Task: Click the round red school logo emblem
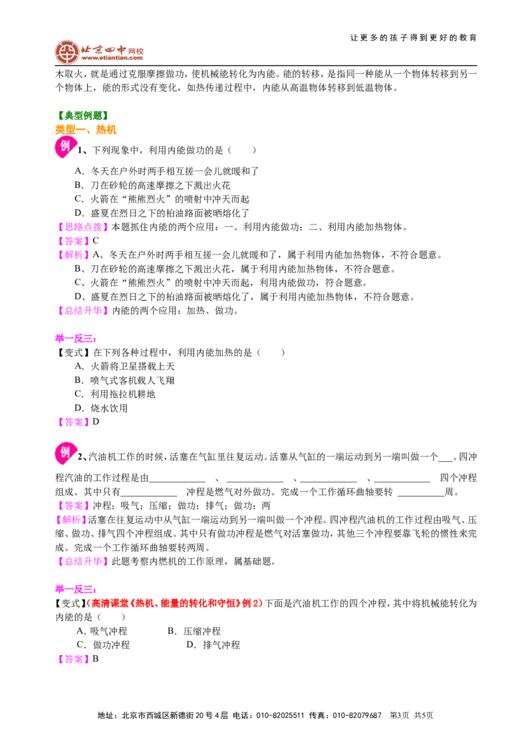tap(66, 52)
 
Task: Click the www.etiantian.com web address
tap(112, 58)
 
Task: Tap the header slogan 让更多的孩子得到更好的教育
tap(414, 37)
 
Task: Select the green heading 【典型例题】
tap(82, 115)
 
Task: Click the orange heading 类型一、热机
tap(86, 130)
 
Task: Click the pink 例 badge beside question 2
tap(65, 453)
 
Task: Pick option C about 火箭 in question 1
tap(162, 199)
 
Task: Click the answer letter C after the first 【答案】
tap(96, 240)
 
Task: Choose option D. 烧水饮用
tap(101, 408)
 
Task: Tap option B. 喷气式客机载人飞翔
tap(124, 380)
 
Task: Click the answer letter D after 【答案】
tap(96, 422)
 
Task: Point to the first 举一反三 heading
tap(75, 339)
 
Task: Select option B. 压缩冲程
tap(194, 631)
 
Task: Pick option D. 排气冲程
tap(213, 645)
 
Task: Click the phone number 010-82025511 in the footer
tap(281, 715)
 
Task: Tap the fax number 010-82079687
tap(357, 715)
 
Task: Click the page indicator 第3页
tap(400, 715)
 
